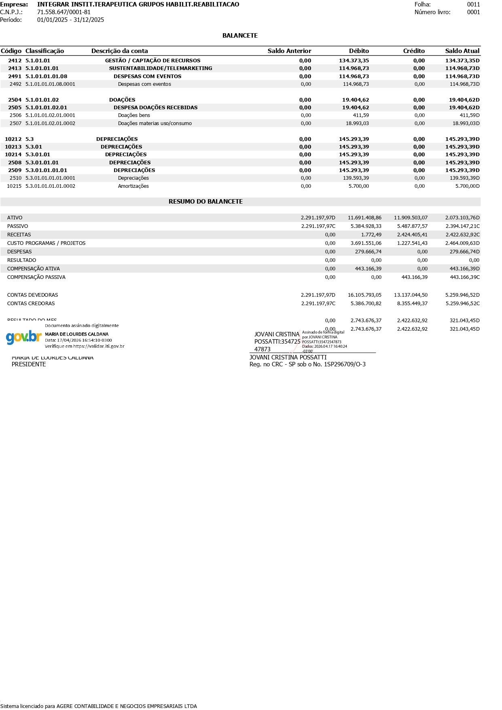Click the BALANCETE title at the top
pyautogui.click(x=240, y=36)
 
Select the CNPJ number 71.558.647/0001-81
pyautogui.click(x=64, y=12)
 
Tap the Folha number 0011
pyautogui.click(x=473, y=4)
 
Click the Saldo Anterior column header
pyautogui.click(x=289, y=51)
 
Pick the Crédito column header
pyautogui.click(x=414, y=51)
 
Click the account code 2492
pyautogui.click(x=15, y=84)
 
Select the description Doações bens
pyautogui.click(x=134, y=115)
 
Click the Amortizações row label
pyautogui.click(x=133, y=186)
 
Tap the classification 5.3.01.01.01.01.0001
pyautogui.click(x=50, y=178)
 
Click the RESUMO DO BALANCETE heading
pyautogui.click(x=205, y=202)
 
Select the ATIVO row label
pyautogui.click(x=15, y=218)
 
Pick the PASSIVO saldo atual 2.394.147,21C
pyautogui.click(x=462, y=226)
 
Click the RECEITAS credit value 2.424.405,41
pyautogui.click(x=412, y=235)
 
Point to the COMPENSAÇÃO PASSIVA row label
pyautogui.click(x=36, y=277)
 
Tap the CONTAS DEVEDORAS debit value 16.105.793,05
pyautogui.click(x=364, y=295)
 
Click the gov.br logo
pyautogui.click(x=23, y=337)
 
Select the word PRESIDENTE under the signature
pyautogui.click(x=29, y=364)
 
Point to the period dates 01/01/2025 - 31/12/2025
pyautogui.click(x=70, y=20)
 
